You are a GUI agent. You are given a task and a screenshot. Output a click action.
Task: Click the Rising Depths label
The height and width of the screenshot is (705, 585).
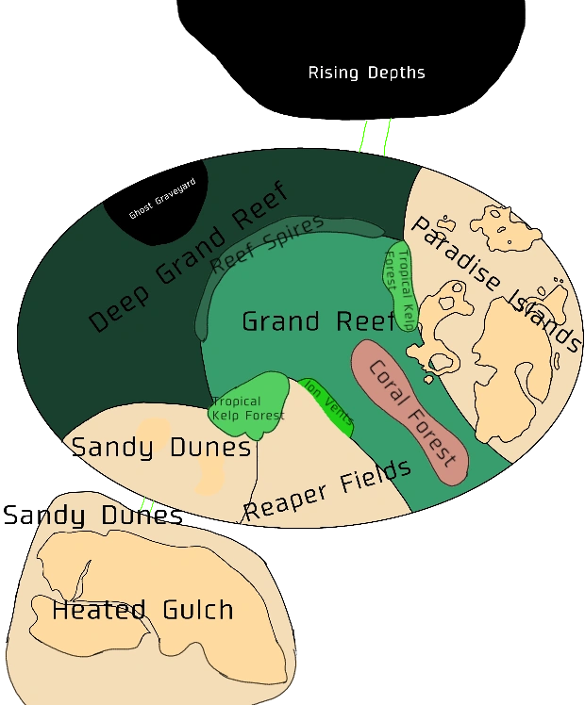tap(366, 73)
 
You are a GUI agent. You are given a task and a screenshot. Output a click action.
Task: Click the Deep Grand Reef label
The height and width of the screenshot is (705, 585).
tap(188, 258)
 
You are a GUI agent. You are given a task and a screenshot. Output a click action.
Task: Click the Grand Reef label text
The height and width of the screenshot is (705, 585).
tap(318, 321)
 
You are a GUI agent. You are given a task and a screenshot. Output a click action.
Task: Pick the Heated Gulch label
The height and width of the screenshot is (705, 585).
tap(142, 610)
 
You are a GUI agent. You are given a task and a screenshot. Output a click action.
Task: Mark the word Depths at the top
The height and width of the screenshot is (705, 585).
tap(396, 73)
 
